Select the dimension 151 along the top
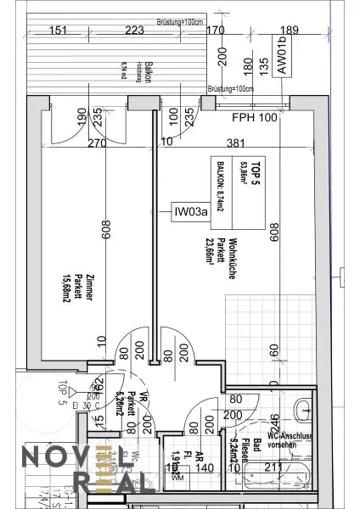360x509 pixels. [59, 32]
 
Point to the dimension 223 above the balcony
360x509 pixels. [133, 32]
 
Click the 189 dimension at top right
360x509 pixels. [289, 32]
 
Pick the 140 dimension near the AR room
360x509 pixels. [204, 466]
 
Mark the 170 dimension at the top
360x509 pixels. [216, 32]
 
